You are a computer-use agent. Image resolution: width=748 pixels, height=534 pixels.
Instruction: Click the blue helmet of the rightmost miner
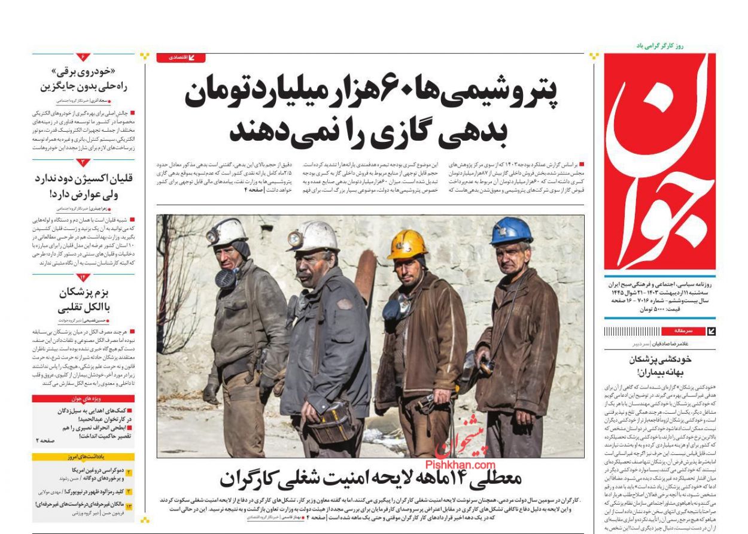[x=510, y=230]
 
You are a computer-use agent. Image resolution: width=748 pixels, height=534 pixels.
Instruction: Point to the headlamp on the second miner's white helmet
[x=295, y=239]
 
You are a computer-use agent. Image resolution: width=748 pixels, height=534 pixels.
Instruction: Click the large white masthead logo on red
[x=659, y=162]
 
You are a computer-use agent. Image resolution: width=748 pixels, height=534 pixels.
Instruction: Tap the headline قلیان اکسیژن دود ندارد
[x=84, y=186]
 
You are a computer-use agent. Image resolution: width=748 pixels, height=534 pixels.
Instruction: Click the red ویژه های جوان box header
[x=83, y=399]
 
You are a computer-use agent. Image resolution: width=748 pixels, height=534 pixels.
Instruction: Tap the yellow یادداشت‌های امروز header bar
[x=83, y=457]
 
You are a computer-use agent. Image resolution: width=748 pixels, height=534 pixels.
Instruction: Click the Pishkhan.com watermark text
[x=460, y=465]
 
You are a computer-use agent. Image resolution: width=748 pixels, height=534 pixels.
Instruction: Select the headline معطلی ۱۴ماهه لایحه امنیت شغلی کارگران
[x=370, y=479]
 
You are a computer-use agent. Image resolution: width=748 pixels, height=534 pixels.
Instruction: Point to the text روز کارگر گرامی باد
[x=660, y=45]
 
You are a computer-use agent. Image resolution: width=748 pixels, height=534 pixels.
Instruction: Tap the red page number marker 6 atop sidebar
[x=83, y=57]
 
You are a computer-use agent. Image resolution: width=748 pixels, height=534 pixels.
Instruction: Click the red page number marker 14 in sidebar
[x=83, y=277]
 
